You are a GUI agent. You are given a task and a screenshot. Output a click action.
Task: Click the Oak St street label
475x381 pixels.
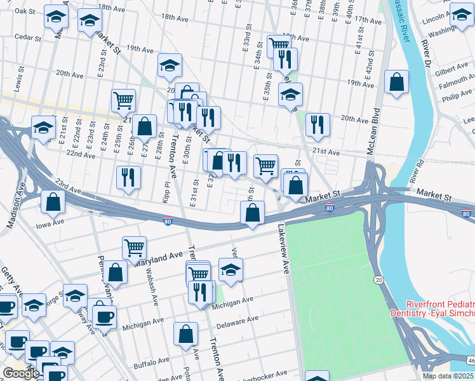coord(25,11)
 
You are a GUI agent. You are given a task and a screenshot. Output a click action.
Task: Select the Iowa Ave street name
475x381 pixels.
coord(50,223)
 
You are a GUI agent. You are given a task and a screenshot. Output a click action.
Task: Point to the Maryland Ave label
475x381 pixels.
coord(157,258)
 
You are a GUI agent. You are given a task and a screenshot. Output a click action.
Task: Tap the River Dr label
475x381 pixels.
coord(425,54)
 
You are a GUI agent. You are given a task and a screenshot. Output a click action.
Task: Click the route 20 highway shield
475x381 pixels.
coord(378,280)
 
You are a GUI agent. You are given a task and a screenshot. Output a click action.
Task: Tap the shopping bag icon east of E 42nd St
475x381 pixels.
coord(396,83)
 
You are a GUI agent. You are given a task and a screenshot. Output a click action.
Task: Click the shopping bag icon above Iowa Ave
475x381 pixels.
coord(53,202)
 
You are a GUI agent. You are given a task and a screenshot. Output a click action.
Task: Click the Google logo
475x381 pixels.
coord(21,373)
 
